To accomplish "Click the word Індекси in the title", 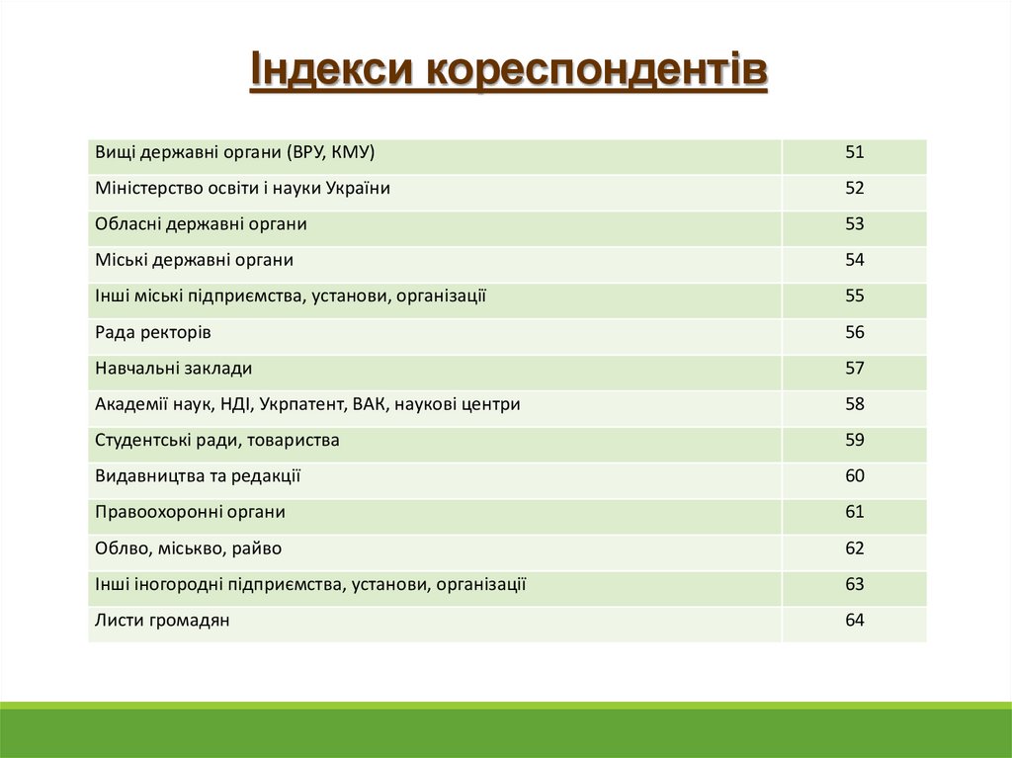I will coord(330,71).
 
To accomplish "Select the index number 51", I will coord(855,152).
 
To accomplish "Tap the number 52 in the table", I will coord(855,188).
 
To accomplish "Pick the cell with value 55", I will coord(855,295).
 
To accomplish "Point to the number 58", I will coord(855,404).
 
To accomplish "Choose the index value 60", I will coord(855,476).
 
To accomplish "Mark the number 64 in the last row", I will coord(855,621).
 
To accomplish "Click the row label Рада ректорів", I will coord(153,332).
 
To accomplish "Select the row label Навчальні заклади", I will coord(174,369).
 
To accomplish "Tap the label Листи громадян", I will coord(162,621).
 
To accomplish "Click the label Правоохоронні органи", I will coord(191,512).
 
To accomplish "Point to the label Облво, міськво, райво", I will coord(196,548).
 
